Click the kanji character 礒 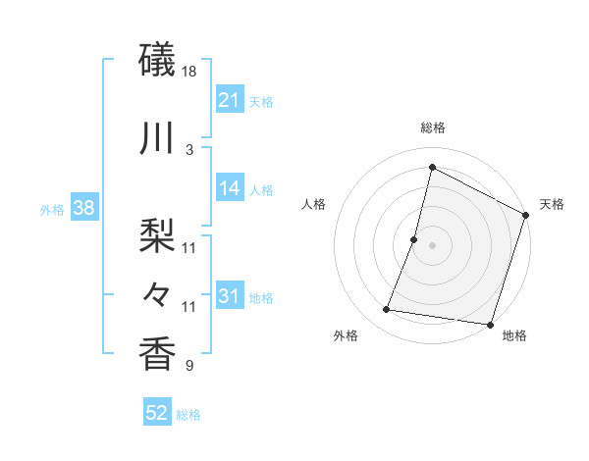(158, 62)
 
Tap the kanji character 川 (158, 138)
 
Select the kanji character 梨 (158, 236)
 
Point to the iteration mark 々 (158, 292)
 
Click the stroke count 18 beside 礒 (190, 73)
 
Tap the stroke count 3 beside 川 (190, 149)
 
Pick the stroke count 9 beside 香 (190, 367)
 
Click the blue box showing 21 (229, 99)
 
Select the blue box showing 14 (229, 188)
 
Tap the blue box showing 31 (229, 296)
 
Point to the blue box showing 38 (84, 208)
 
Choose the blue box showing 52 (156, 413)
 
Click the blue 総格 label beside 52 (188, 415)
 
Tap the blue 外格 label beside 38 (52, 209)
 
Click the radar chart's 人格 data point (414, 239)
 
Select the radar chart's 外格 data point (387, 310)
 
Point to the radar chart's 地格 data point (490, 325)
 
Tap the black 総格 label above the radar (432, 128)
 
